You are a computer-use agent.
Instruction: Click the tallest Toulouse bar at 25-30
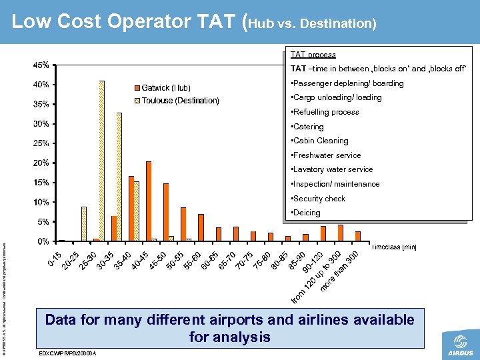pos(102,160)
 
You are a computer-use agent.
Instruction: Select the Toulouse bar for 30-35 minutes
pos(119,177)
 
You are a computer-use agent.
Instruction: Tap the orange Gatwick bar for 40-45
pos(149,201)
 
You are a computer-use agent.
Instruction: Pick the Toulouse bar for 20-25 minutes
pos(84,223)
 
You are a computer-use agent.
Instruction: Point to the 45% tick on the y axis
pos(41,65)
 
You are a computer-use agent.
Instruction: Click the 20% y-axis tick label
pos(41,163)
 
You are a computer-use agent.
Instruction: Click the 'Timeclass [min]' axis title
pos(395,247)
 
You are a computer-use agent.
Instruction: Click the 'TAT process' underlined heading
pos(313,55)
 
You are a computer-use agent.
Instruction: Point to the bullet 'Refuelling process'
pos(325,112)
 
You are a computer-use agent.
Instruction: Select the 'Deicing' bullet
pos(306,213)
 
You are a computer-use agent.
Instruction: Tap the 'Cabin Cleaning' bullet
pos(320,141)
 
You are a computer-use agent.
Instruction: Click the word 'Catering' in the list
pos(308,127)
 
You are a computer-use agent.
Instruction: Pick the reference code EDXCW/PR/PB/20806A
pos(69,353)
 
